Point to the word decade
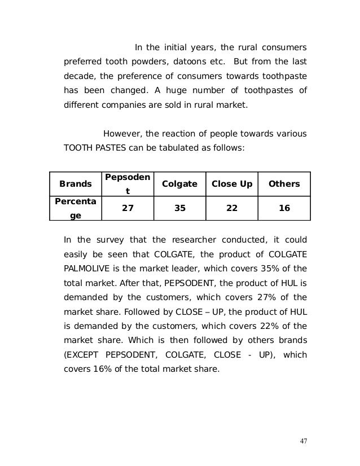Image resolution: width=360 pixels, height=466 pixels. click(x=78, y=76)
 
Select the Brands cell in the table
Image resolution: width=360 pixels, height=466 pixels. click(x=75, y=184)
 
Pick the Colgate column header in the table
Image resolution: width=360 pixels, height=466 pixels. click(x=179, y=184)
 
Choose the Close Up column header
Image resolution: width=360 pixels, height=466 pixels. click(x=231, y=184)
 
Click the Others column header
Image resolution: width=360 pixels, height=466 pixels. click(x=284, y=184)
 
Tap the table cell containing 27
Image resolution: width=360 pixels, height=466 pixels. click(x=128, y=208)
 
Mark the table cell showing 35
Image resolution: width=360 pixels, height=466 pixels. click(x=179, y=208)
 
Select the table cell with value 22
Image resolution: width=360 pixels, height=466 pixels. click(x=231, y=208)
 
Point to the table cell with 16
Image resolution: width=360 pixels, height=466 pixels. click(x=284, y=208)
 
